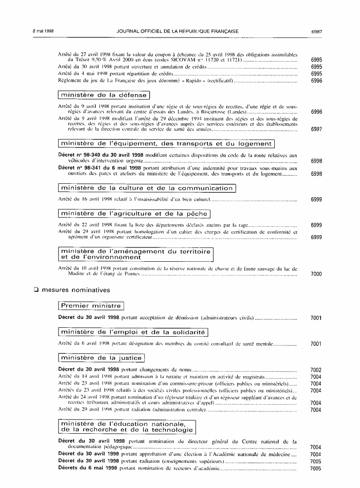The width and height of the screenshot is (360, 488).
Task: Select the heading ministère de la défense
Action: click(103, 95)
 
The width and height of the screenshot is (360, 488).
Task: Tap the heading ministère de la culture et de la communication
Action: click(147, 188)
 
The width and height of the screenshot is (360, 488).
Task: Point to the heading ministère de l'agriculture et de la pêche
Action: click(134, 213)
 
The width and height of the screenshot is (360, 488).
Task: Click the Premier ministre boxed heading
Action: click(91, 306)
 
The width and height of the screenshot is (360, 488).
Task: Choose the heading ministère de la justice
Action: click(101, 358)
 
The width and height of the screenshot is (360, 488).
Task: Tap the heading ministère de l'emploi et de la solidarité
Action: click(133, 332)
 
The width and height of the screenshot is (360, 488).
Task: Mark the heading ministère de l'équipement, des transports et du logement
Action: click(165, 144)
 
